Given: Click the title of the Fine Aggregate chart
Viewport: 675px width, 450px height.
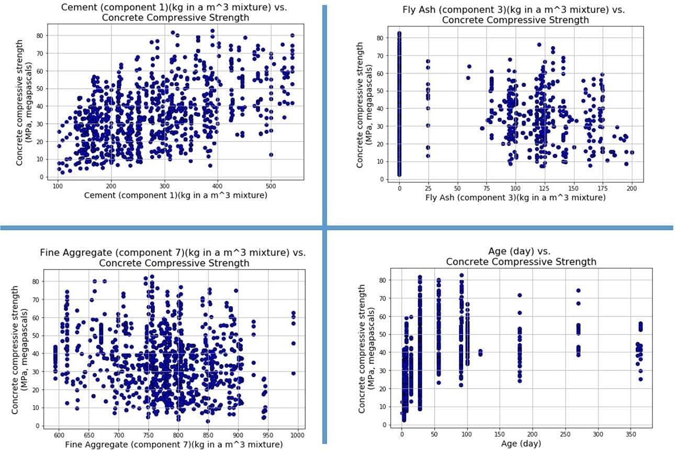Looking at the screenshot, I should point(173,257).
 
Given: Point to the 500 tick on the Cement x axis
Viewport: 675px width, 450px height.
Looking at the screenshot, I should point(271,186).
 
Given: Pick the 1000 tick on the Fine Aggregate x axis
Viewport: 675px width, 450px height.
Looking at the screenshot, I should point(298,435).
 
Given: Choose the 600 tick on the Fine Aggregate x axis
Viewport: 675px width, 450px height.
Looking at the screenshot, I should point(59,435).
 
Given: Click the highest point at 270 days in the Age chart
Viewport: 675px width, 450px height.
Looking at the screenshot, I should point(578,290).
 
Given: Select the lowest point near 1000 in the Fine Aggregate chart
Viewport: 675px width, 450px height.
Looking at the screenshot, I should point(294,373).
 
